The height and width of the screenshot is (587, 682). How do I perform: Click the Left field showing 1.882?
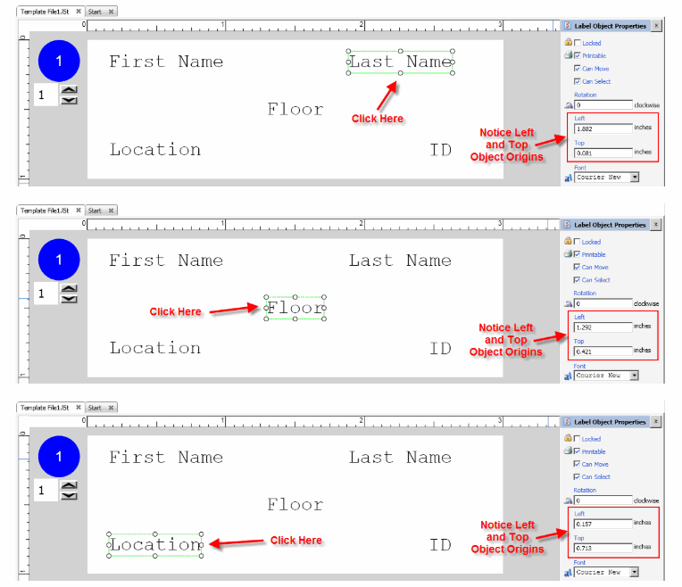point(603,128)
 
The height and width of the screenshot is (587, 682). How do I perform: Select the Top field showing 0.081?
point(603,153)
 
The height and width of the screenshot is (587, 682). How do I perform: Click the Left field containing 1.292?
point(603,327)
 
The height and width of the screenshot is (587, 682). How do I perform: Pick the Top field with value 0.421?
point(603,351)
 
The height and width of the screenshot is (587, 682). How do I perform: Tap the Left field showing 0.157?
point(603,524)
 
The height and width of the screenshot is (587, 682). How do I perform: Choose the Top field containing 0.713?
point(603,547)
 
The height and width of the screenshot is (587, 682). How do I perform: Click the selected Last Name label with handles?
point(400,62)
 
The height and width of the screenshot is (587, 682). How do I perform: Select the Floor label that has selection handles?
point(295,309)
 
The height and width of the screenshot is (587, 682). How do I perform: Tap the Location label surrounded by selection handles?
point(155,544)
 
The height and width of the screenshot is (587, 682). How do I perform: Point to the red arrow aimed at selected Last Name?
point(387,94)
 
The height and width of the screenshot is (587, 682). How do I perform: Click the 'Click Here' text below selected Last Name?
point(378,119)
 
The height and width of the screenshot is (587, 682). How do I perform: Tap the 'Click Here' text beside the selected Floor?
point(176,311)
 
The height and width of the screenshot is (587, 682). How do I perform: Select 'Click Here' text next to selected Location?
point(296,540)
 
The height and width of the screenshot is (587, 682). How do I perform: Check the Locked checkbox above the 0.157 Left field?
point(578,439)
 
